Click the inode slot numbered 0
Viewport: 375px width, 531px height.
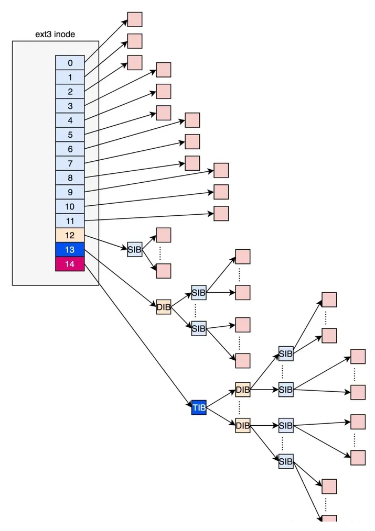click(70, 63)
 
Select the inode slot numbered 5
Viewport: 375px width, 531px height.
click(70, 135)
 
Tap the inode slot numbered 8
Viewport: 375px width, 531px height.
click(70, 178)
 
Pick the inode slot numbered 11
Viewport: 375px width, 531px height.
click(70, 221)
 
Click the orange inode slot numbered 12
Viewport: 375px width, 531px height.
click(70, 235)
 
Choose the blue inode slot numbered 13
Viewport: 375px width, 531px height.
click(70, 250)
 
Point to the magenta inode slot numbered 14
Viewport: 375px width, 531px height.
click(70, 264)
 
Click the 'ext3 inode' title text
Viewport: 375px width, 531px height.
click(55, 34)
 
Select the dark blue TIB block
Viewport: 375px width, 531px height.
click(199, 407)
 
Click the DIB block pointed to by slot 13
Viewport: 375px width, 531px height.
click(164, 307)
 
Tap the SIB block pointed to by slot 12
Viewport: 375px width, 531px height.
click(135, 250)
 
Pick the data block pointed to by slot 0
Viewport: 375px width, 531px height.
click(135, 20)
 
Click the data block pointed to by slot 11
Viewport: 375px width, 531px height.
click(221, 214)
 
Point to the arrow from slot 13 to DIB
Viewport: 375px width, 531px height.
click(120, 277)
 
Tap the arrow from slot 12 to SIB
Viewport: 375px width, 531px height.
click(106, 242)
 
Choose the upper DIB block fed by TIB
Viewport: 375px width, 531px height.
click(243, 390)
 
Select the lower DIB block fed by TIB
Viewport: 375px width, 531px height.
click(243, 425)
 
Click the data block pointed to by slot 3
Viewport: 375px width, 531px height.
click(164, 70)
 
